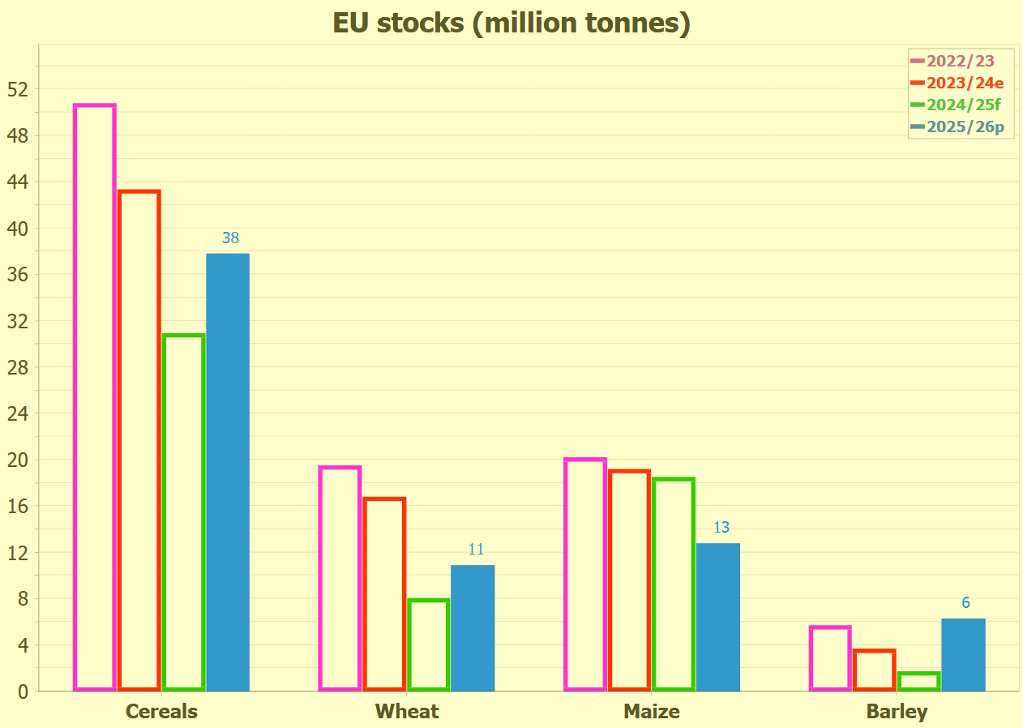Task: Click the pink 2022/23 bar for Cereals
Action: [95, 397]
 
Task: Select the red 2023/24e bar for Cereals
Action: [139, 440]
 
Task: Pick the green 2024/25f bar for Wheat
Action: [428, 644]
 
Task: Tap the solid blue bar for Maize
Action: [718, 617]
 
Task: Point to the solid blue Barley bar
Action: [963, 655]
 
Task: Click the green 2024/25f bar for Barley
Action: [919, 681]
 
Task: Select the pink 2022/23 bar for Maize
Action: [585, 575]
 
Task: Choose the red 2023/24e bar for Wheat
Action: [384, 594]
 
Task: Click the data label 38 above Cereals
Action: [231, 238]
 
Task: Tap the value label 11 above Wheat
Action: [476, 550]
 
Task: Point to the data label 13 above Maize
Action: [721, 528]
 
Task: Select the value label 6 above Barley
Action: [965, 603]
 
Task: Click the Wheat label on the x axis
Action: [407, 712]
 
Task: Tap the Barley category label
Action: [897, 712]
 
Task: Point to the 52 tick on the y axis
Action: [18, 88]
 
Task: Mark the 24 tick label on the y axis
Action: [18, 413]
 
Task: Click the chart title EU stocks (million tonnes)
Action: [511, 23]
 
